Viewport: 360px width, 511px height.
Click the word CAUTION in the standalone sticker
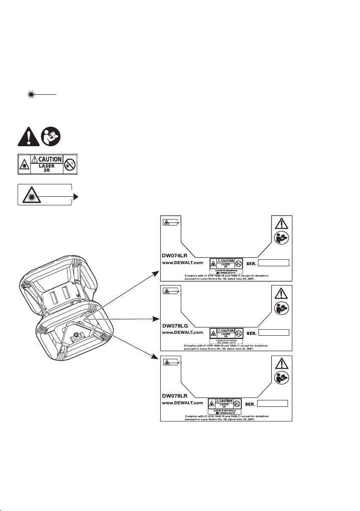pyautogui.click(x=47, y=159)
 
